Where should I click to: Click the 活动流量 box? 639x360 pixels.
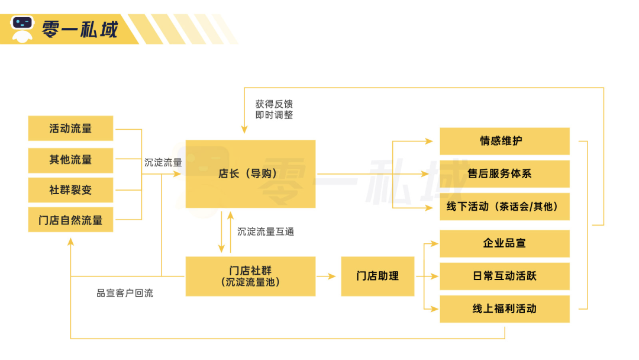[70, 128]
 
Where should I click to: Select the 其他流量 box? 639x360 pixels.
[70, 160]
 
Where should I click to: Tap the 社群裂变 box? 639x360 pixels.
[70, 191]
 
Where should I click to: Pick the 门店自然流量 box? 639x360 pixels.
[70, 220]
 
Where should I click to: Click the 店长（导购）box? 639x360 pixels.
[250, 174]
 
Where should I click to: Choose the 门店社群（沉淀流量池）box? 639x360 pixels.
[250, 276]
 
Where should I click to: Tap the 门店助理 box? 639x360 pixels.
[377, 276]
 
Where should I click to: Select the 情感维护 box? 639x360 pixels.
[504, 142]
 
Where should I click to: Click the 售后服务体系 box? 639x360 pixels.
[504, 174]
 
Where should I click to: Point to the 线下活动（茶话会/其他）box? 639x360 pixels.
[504, 207]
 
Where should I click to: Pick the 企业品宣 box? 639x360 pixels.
[504, 243]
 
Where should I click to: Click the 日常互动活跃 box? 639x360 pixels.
[504, 276]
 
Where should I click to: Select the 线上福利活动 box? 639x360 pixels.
[504, 308]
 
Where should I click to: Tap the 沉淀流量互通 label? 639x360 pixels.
[266, 232]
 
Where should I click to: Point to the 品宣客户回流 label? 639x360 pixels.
[125, 293]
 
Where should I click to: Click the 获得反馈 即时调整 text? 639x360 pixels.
[274, 110]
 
